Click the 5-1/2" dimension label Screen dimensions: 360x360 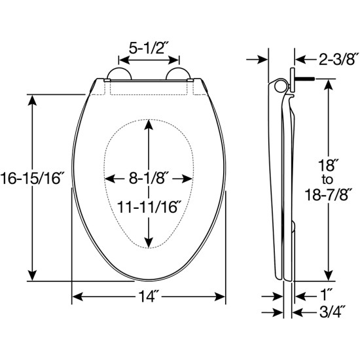148,48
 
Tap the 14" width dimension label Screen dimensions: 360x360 149,297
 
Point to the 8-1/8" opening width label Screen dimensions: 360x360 150,178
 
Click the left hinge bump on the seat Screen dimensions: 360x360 118,73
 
